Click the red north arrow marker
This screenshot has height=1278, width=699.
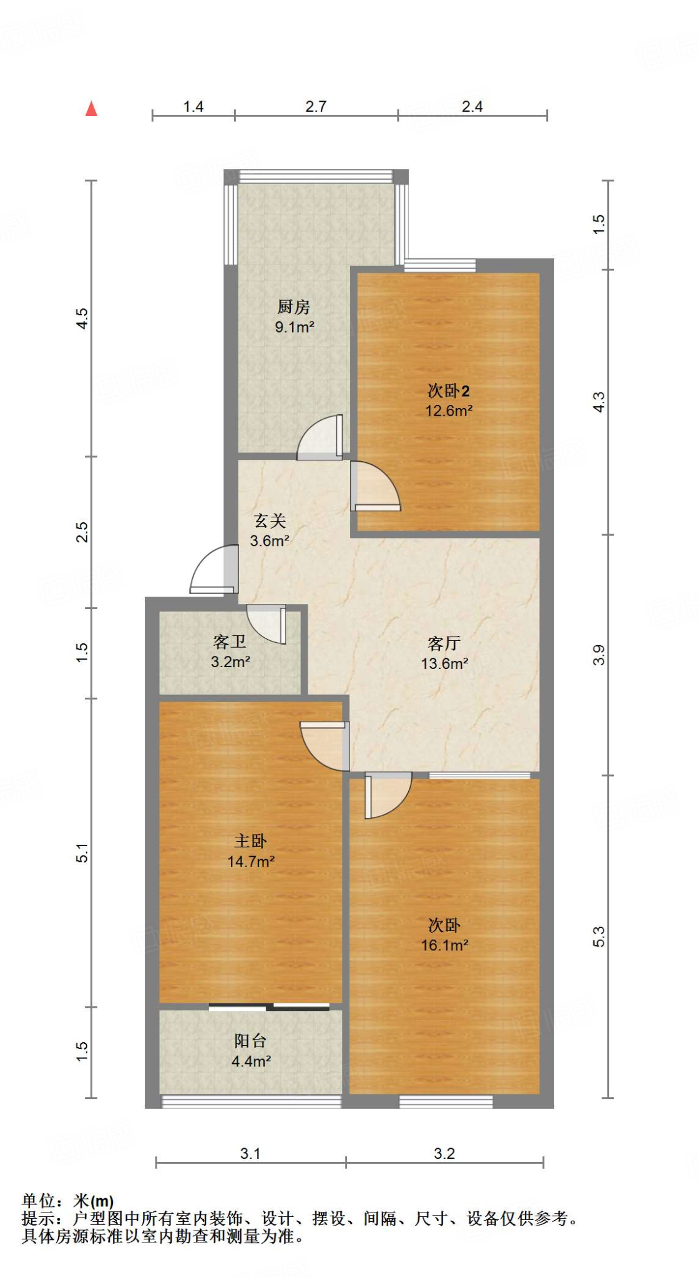[92, 109]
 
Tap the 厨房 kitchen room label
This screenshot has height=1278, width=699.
[293, 307]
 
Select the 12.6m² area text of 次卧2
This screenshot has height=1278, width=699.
[449, 411]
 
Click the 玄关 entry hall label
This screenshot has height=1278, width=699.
[270, 520]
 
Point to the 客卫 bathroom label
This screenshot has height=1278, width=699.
[230, 641]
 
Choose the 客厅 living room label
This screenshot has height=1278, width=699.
[444, 643]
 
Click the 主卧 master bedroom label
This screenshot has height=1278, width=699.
[251, 841]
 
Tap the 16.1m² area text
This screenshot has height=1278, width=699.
[444, 945]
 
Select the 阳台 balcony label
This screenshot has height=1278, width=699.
[251, 1040]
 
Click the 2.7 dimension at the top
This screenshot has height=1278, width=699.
[316, 107]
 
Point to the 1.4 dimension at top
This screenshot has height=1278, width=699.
[193, 107]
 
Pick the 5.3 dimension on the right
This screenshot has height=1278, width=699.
[599, 937]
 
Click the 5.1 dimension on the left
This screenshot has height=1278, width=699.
[82, 852]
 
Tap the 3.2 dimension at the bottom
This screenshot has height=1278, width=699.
[444, 1154]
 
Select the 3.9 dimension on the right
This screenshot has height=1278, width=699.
[599, 655]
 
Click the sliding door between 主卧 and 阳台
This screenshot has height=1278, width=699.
[269, 1007]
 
